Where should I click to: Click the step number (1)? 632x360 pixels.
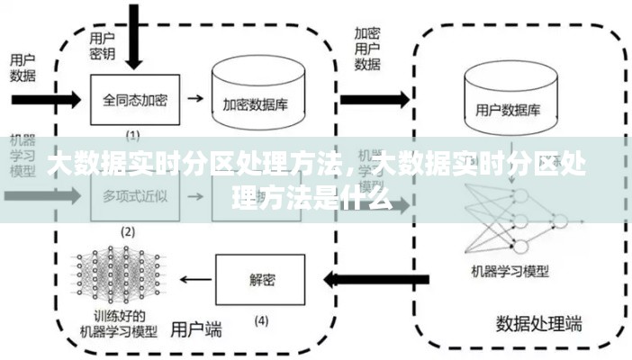pos(131,135)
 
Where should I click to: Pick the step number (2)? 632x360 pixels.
pos(128,231)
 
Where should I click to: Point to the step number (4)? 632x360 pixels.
pos(261,319)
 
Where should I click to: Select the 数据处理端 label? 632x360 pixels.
pos(538,322)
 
